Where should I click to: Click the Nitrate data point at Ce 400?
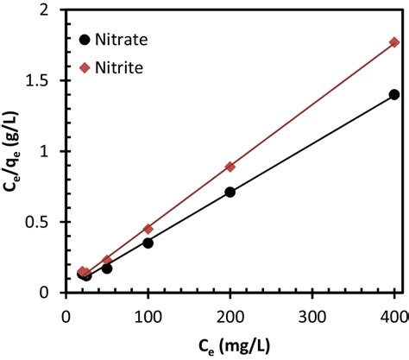click(x=394, y=94)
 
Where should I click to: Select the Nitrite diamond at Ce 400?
click(x=394, y=42)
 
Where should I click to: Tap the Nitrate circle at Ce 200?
click(x=230, y=192)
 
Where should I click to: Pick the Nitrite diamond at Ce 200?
click(x=230, y=167)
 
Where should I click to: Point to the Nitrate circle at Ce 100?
click(x=148, y=243)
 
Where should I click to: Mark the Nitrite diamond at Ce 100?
click(x=148, y=229)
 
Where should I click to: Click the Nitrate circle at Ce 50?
click(x=107, y=268)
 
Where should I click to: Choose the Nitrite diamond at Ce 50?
click(x=107, y=260)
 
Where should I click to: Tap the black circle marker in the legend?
click(x=85, y=40)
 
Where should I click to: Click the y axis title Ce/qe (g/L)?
click(x=12, y=151)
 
